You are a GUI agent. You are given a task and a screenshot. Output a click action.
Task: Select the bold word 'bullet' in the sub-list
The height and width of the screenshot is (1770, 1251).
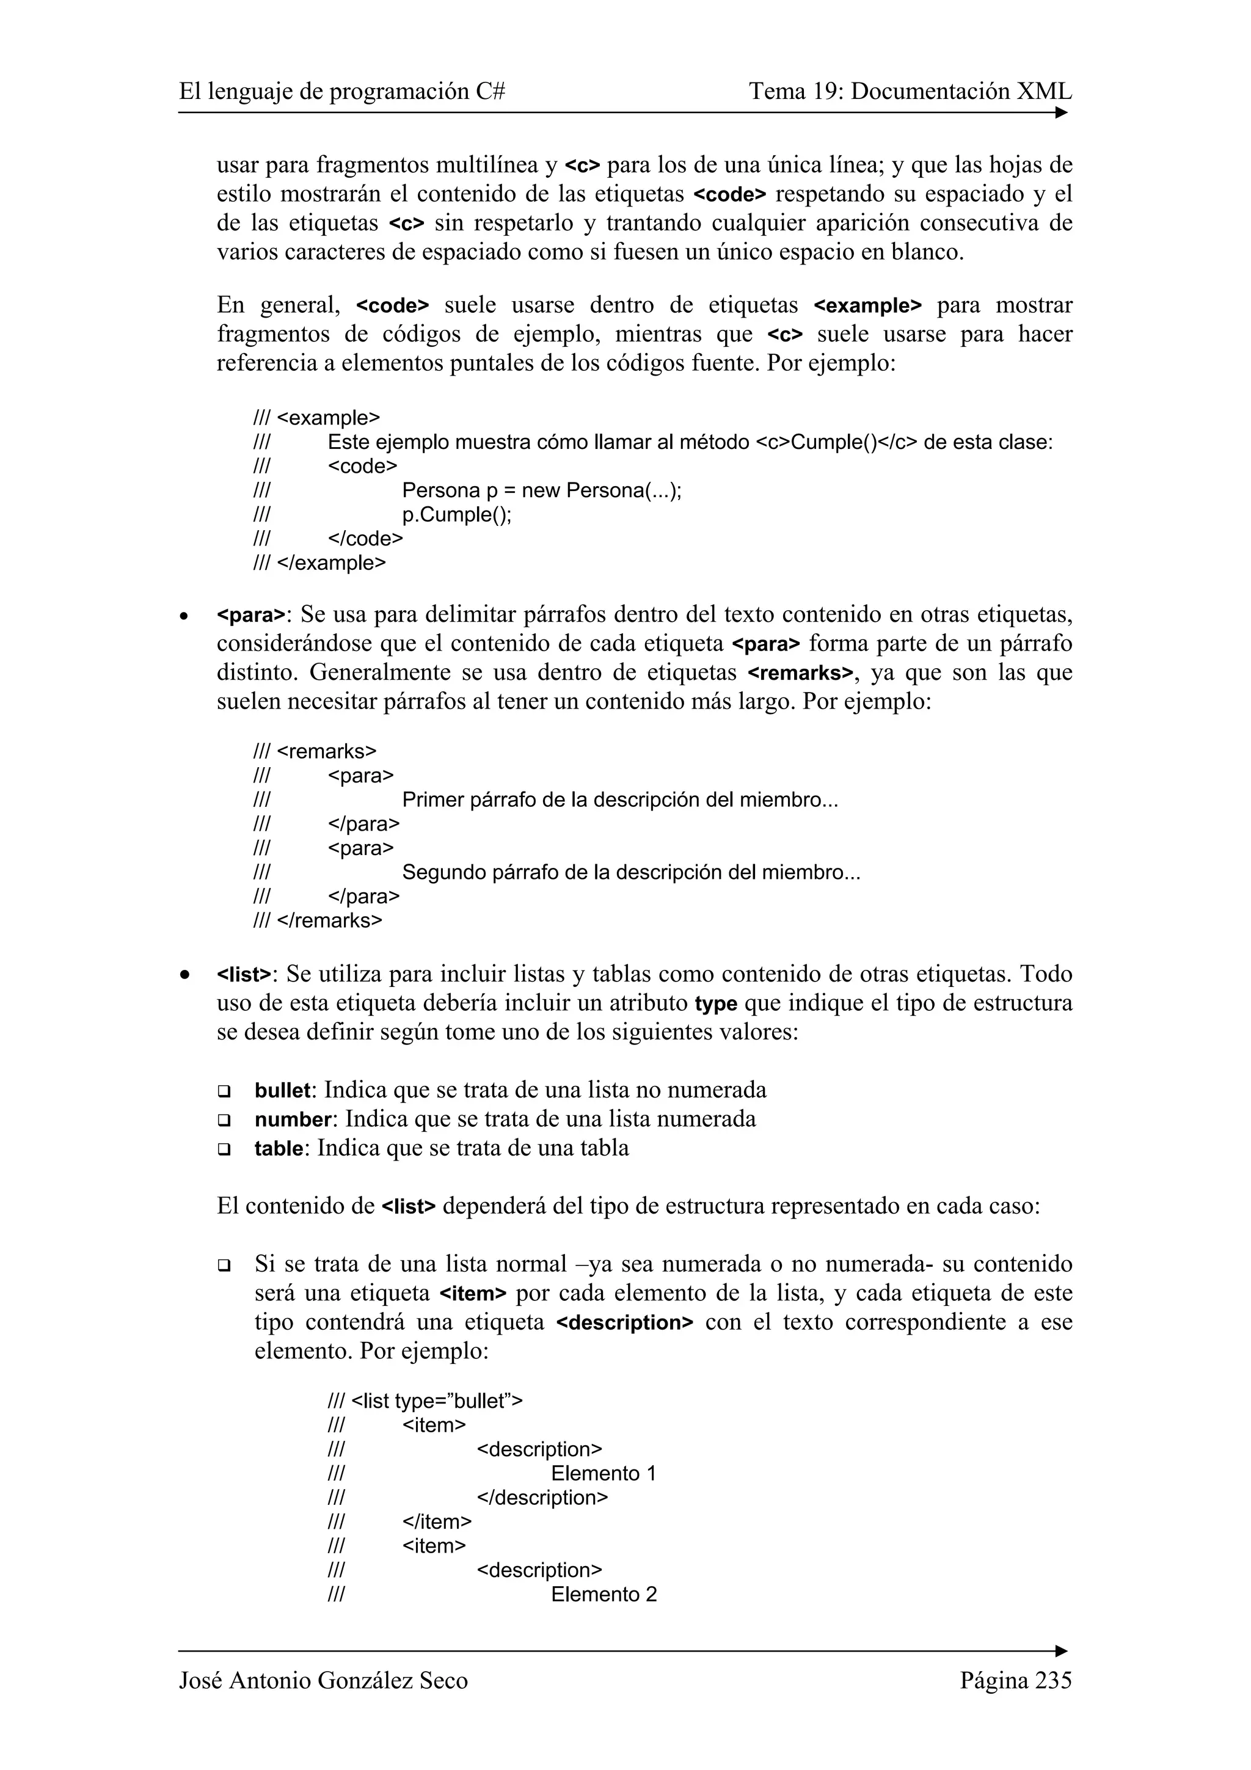(282, 1091)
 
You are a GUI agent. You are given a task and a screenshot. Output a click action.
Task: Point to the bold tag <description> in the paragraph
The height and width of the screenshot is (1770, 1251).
(624, 1323)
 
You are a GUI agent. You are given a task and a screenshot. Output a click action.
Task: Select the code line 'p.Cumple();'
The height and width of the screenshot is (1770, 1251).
(456, 514)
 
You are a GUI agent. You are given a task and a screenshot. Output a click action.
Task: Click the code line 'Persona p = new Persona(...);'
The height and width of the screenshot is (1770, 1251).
(541, 490)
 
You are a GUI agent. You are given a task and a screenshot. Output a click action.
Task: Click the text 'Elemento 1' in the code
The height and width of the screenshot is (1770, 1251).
(603, 1473)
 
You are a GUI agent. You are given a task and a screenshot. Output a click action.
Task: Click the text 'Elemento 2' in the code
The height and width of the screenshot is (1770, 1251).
(604, 1594)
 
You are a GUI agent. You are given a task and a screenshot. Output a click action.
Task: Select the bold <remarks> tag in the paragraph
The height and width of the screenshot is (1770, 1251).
(801, 674)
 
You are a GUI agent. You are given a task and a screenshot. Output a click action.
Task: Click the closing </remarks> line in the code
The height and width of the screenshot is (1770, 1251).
(329, 920)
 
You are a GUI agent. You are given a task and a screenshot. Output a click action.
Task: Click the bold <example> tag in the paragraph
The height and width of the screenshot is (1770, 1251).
(867, 306)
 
